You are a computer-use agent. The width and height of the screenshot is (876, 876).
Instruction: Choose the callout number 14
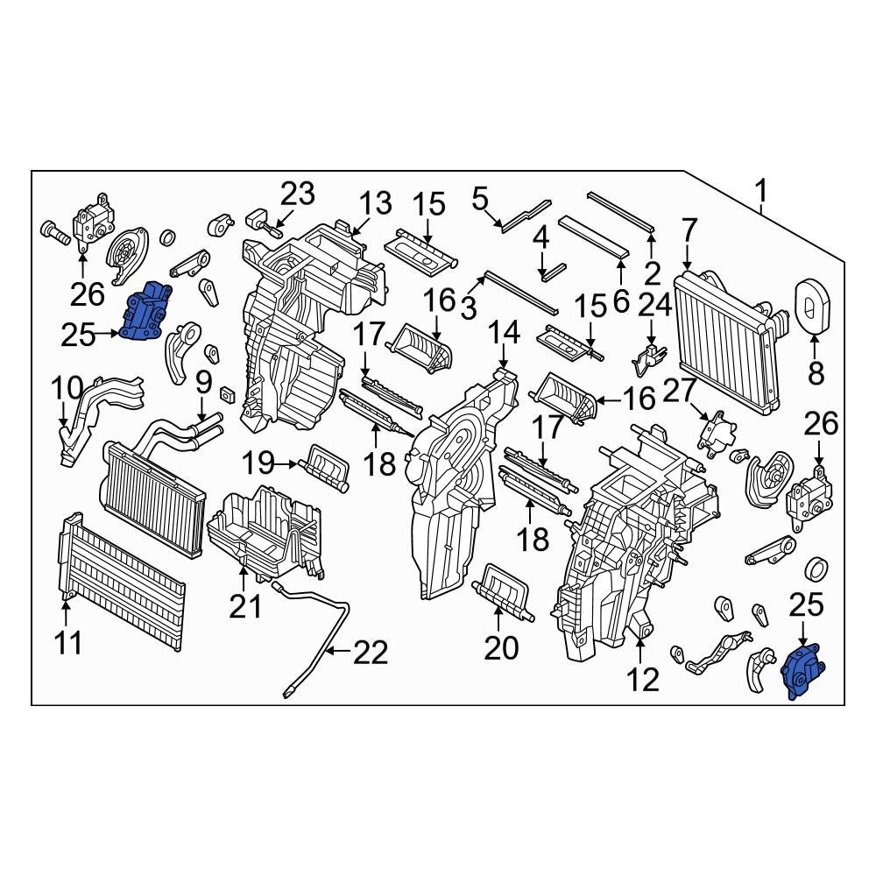click(x=504, y=332)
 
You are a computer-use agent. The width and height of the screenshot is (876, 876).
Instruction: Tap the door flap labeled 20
click(x=504, y=594)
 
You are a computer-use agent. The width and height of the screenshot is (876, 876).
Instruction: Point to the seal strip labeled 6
click(x=595, y=234)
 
